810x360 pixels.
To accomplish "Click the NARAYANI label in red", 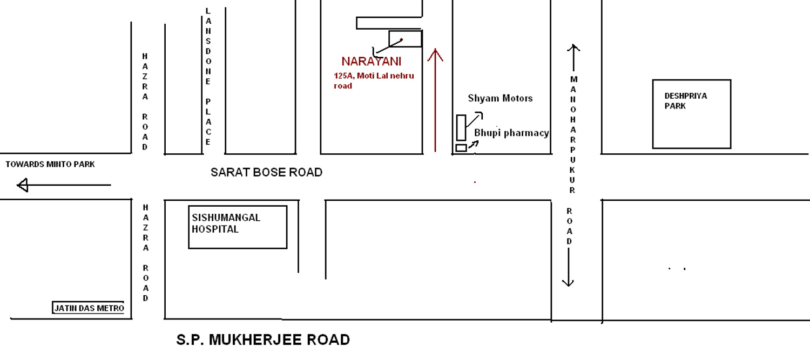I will click(371, 62).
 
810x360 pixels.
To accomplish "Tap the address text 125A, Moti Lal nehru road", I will click(374, 80).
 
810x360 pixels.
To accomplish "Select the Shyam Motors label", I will click(500, 98).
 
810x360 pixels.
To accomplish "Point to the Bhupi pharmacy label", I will click(511, 133).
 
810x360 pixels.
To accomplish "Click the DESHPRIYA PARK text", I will click(685, 101).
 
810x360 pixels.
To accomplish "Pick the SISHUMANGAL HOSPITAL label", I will click(226, 223).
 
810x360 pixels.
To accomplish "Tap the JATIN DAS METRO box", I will click(89, 308).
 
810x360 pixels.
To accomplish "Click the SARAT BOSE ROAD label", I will click(266, 172).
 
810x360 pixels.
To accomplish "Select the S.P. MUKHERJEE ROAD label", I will click(263, 340).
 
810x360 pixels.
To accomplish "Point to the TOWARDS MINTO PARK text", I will click(50, 164).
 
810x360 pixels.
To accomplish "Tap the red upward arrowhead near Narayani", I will click(435, 54).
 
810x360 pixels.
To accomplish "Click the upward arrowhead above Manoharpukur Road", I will click(573, 48).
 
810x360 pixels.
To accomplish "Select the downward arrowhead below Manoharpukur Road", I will click(568, 282).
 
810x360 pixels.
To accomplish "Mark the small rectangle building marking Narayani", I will click(405, 39).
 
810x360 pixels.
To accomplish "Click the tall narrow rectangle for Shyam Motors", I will click(461, 127).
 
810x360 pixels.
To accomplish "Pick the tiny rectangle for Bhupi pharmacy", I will click(461, 147).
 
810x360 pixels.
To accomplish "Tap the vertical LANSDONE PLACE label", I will click(208, 78).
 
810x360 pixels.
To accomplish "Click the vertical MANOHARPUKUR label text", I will click(573, 134).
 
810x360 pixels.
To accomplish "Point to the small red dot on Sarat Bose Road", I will click(475, 182).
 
